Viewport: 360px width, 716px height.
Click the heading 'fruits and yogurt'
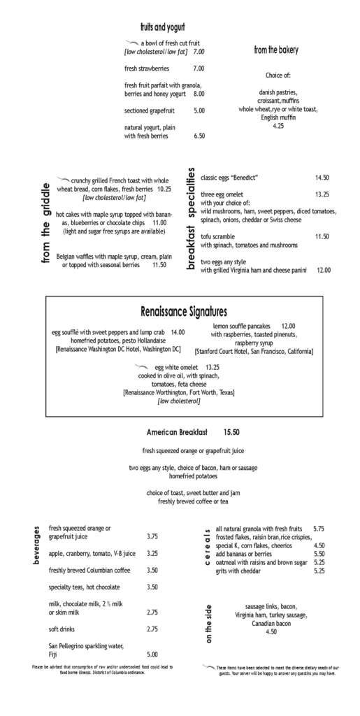click(x=161, y=27)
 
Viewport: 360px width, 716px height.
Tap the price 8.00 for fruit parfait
click(x=199, y=94)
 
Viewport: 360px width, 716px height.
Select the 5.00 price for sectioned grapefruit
click(x=199, y=110)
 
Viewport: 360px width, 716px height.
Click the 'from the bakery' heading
click(x=276, y=50)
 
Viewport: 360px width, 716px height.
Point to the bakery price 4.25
click(x=278, y=126)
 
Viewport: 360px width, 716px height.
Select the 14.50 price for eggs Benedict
click(x=322, y=178)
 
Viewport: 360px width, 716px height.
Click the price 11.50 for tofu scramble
click(x=322, y=236)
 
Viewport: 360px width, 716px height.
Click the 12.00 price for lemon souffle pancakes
click(x=288, y=326)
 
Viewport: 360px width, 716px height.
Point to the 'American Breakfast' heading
click(x=178, y=431)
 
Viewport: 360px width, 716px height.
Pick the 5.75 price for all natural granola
click(x=319, y=529)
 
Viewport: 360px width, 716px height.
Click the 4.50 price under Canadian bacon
click(x=271, y=631)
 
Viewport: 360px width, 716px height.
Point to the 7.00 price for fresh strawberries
click(x=199, y=69)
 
